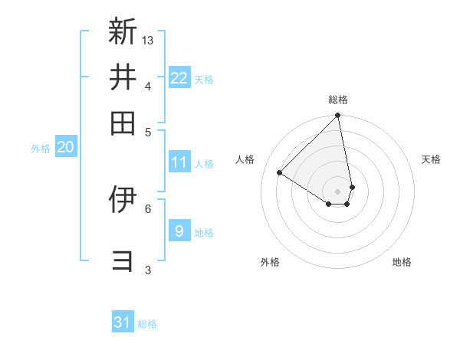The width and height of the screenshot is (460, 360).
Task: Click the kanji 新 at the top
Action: (123, 31)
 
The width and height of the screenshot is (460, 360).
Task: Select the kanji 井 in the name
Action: (123, 77)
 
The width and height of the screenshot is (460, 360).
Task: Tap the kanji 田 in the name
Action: (123, 123)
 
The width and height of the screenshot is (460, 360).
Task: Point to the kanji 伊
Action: (123, 198)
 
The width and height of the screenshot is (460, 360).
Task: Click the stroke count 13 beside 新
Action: (149, 40)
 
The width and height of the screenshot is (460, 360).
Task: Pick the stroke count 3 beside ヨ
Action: (148, 269)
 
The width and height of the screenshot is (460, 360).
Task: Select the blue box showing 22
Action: (179, 77)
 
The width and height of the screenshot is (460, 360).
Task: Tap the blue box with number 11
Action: (179, 162)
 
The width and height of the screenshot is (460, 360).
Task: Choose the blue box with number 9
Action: (179, 231)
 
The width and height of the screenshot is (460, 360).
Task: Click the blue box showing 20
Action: (65, 148)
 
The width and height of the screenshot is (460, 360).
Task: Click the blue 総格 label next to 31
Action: (147, 324)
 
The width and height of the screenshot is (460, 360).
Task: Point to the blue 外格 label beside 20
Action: (41, 149)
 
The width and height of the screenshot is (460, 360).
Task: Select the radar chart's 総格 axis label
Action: (337, 100)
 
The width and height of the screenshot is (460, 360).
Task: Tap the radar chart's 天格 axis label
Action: (432, 159)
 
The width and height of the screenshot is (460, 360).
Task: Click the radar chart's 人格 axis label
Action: (245, 159)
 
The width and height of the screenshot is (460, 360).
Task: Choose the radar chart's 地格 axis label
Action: (402, 262)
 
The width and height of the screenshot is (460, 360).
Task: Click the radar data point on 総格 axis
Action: (337, 116)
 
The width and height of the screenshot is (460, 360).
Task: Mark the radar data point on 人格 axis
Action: (280, 172)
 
